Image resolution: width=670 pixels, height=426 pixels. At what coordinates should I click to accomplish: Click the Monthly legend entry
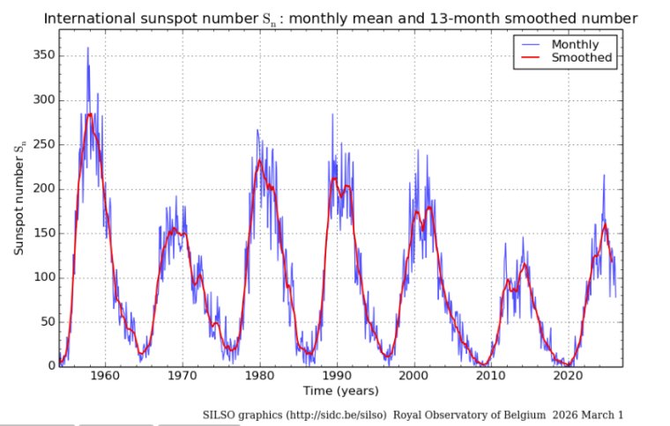coord(574,43)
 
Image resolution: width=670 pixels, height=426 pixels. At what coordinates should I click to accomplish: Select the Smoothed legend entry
coord(582,57)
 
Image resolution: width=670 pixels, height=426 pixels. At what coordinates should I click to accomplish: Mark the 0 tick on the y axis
coord(49,366)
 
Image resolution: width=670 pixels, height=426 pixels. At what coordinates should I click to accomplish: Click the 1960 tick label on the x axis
coord(105,376)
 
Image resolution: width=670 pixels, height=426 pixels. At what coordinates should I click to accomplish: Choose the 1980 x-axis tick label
coord(258,376)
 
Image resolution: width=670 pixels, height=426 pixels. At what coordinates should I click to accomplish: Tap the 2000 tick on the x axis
coord(412,376)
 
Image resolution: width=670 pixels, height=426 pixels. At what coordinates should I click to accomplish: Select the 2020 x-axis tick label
coord(565,376)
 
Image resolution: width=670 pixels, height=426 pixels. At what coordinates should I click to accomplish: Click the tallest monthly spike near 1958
coord(87,48)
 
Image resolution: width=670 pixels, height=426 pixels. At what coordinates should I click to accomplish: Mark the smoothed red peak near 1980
coord(259,160)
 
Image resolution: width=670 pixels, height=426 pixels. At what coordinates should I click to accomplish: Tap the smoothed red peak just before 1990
coord(334,179)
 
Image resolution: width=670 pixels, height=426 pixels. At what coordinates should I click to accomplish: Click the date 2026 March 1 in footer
coord(593,414)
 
